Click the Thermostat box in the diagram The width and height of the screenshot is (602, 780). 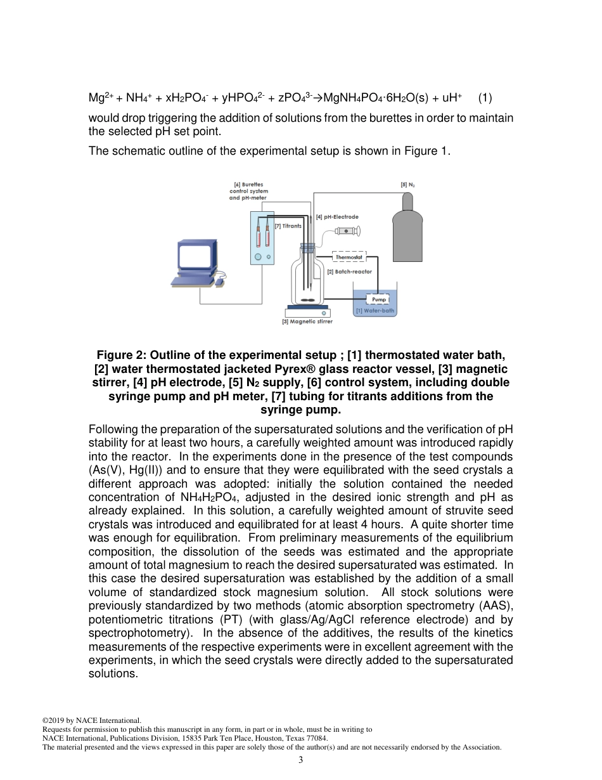pyautogui.click(x=349, y=257)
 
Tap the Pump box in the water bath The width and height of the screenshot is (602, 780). pyautogui.click(x=378, y=299)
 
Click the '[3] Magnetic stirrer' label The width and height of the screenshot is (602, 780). pyautogui.click(x=307, y=322)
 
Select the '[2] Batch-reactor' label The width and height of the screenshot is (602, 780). pyautogui.click(x=349, y=271)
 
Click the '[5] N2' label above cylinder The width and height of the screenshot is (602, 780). pyautogui.click(x=407, y=185)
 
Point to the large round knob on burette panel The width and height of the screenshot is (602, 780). pyautogui.click(x=259, y=257)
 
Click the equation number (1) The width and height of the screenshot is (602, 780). pyautogui.click(x=485, y=98)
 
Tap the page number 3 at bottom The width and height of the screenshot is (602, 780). pyautogui.click(x=300, y=760)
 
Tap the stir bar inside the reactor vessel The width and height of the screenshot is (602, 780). pyautogui.click(x=307, y=300)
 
